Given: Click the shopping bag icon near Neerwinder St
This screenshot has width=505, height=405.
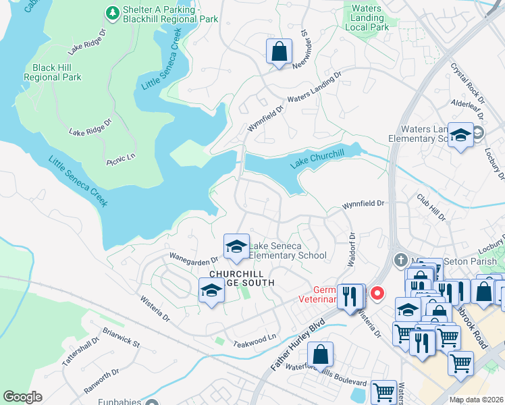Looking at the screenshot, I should coord(279,51).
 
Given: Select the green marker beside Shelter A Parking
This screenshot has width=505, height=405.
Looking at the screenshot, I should coord(112,13).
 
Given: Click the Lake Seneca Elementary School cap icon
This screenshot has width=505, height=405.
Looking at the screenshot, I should coord(236,247).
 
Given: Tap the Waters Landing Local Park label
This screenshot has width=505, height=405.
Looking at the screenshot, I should coord(367,18).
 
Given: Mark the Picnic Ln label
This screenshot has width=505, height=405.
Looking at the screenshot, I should coord(121,159).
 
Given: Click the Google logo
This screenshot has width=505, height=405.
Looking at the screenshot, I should coord(22,397).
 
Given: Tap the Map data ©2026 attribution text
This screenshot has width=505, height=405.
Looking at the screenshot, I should coord(476,400).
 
